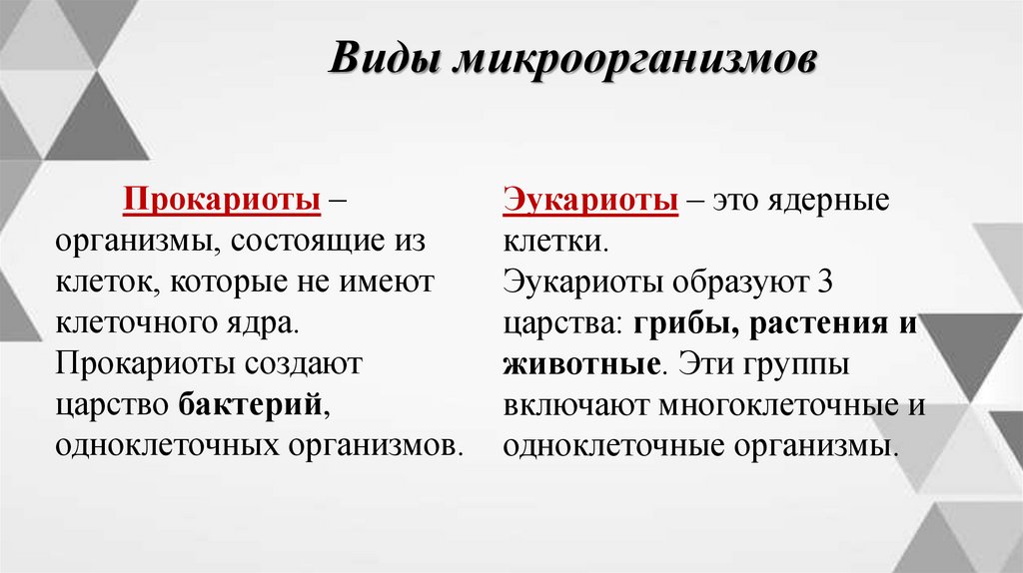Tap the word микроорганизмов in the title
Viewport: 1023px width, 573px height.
[635, 61]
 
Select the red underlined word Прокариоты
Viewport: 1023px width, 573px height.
[222, 200]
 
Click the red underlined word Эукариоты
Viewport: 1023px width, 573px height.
[589, 200]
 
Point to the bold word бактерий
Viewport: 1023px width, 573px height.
[254, 404]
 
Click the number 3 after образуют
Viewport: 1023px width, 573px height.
[824, 282]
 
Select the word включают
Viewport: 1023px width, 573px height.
[573, 404]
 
